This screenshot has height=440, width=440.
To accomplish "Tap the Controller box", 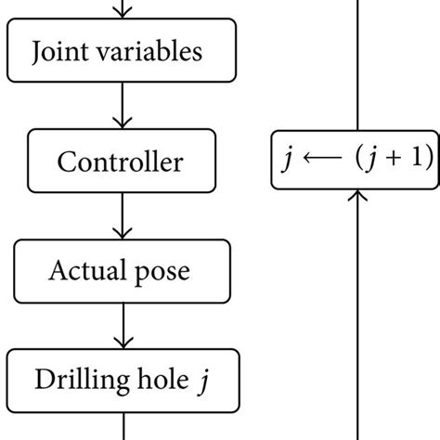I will pos(121,162).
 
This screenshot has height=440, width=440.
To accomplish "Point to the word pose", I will pos(164,273).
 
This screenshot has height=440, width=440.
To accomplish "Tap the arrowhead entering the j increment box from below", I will pos(358,197).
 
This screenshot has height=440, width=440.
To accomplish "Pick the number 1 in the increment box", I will pos(416,159).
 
